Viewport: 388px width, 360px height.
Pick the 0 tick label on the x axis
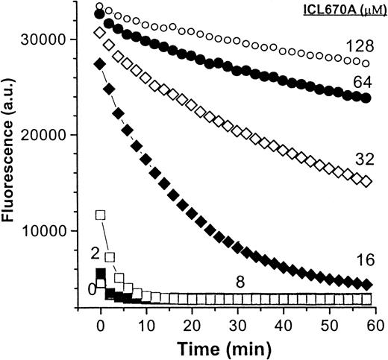tap(101, 325)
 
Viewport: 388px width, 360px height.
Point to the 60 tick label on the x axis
tap(372, 325)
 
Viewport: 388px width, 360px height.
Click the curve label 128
tap(354, 47)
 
